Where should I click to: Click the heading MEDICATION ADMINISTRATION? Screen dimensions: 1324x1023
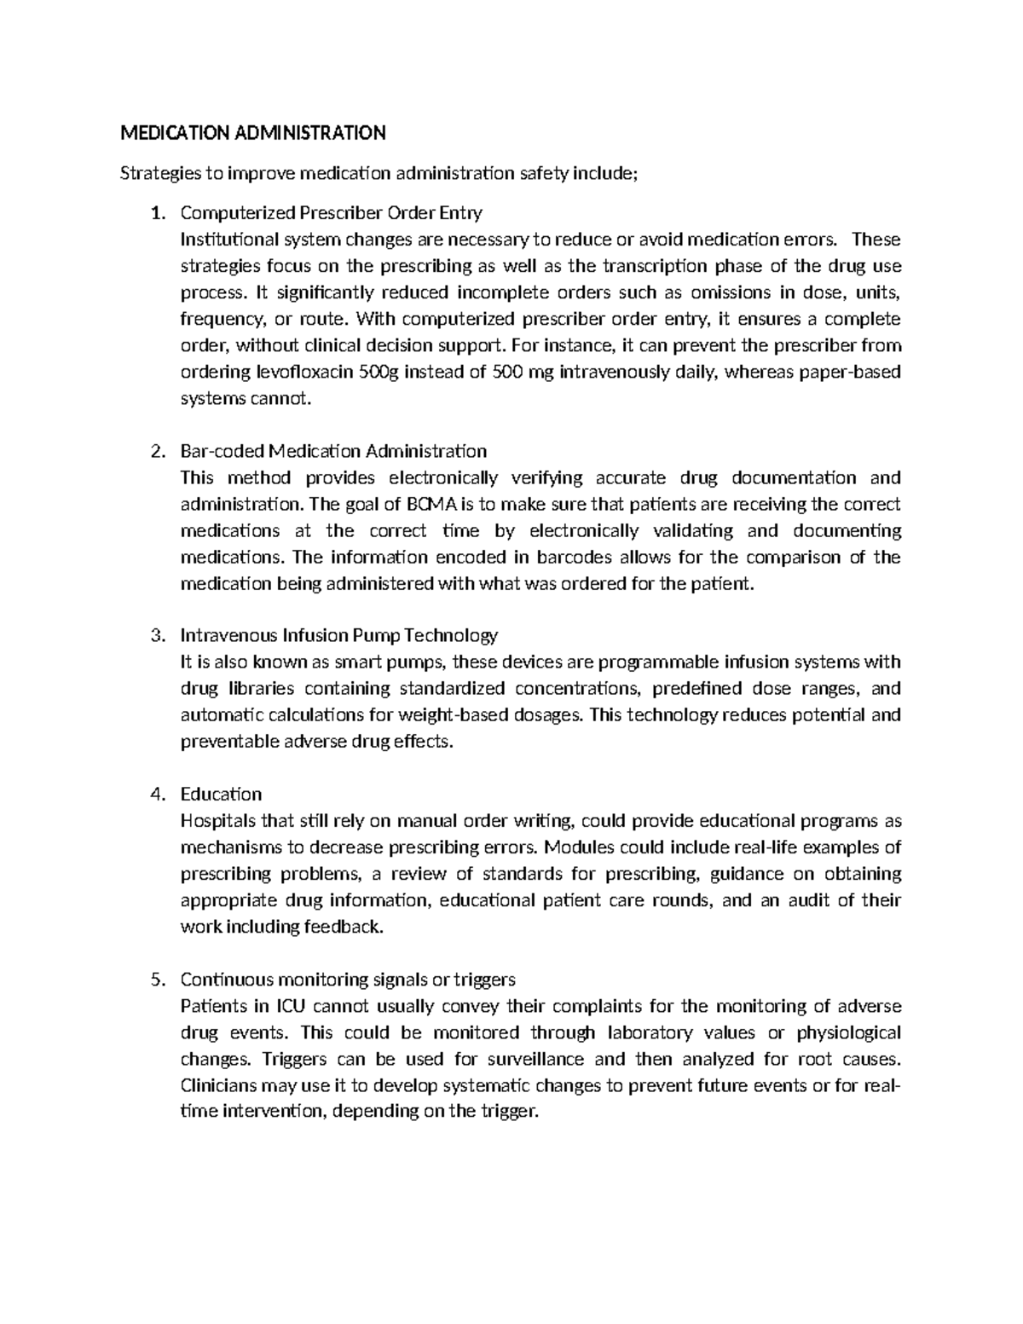(252, 133)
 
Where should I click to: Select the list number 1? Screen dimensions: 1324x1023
(156, 213)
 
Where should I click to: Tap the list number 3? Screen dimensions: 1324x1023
(156, 636)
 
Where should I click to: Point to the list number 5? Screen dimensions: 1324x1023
(156, 980)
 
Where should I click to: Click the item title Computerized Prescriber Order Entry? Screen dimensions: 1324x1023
(331, 213)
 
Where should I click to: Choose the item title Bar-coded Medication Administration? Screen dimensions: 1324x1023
(333, 451)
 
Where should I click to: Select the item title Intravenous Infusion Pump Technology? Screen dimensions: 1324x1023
(338, 636)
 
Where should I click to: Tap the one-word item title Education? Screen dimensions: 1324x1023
(221, 795)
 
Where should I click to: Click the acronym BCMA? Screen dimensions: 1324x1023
(436, 505)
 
